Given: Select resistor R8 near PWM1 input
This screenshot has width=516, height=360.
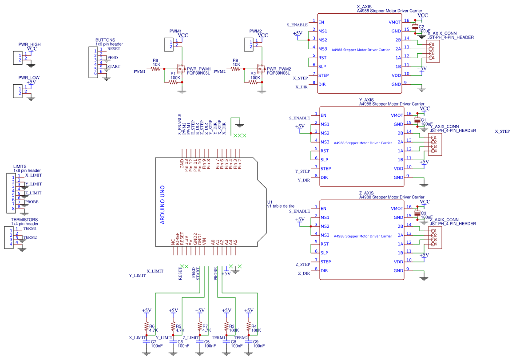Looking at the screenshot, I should [156, 69].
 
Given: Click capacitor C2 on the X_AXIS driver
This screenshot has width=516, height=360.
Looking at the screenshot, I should [415, 28].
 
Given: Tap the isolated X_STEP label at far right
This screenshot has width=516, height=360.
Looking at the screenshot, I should [502, 132].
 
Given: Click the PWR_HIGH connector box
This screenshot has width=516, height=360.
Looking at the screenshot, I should [18, 57].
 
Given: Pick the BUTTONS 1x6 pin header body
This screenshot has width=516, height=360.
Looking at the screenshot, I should [93, 62].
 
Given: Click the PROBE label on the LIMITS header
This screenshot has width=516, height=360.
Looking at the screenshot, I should [32, 202].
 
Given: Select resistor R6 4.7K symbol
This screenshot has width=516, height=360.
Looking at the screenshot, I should [146, 328].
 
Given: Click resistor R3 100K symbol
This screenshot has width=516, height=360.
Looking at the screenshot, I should [226, 328].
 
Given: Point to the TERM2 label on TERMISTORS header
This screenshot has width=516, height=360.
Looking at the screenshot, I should [30, 237].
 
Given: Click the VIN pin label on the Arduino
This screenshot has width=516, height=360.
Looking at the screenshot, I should [204, 242].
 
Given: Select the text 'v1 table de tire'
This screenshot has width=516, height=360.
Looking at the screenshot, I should [281, 206].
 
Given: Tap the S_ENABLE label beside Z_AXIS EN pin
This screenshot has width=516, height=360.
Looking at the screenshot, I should [299, 212].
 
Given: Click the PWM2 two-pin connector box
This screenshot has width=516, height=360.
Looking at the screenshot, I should [248, 44].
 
